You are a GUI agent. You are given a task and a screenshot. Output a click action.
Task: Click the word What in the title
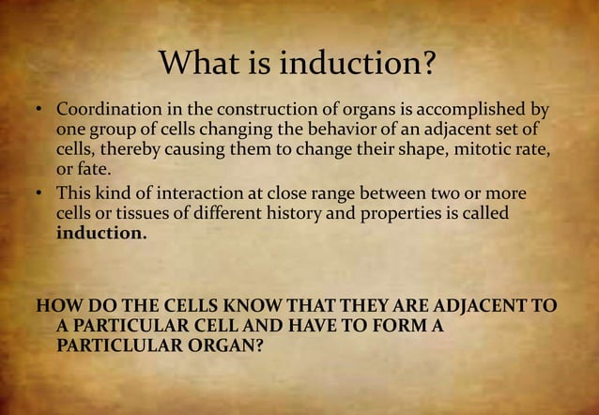tap(195, 64)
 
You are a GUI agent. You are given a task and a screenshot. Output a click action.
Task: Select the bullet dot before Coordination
tap(41, 112)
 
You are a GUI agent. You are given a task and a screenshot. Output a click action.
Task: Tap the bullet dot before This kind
tap(41, 193)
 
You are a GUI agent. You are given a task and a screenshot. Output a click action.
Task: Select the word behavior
tap(292, 131)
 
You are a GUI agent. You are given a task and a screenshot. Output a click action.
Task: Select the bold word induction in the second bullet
tap(100, 234)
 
